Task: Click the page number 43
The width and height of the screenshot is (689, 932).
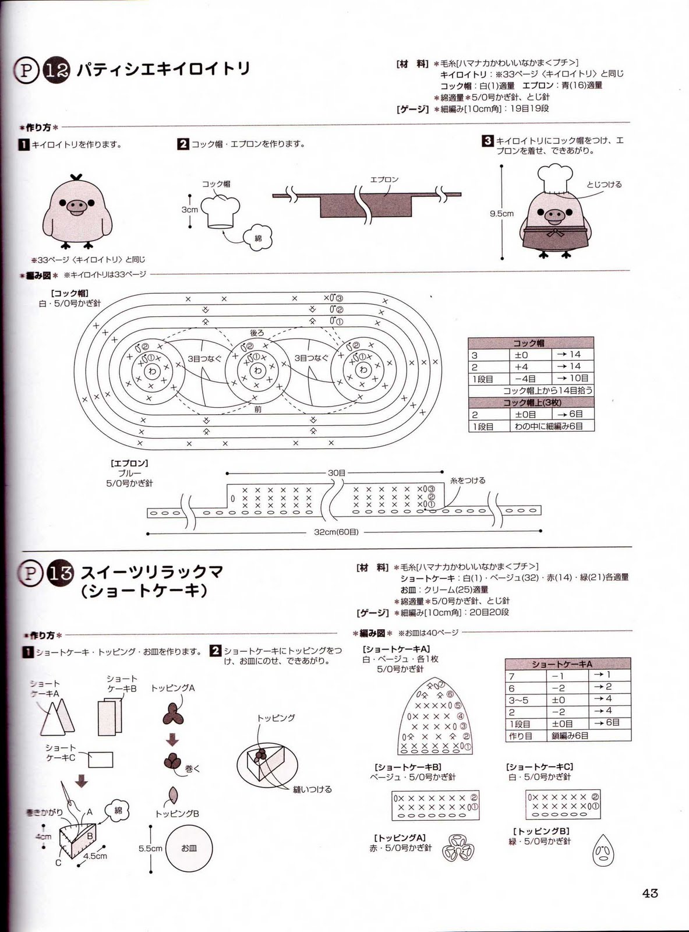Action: pos(650,892)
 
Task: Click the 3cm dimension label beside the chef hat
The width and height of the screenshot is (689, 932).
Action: pos(189,209)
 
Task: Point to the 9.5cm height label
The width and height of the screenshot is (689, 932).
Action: pos(501,214)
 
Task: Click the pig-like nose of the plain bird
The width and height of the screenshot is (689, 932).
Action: pos(76,205)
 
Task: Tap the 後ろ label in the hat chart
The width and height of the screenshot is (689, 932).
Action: pos(257,333)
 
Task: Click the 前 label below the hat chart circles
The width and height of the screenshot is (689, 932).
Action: pos(257,409)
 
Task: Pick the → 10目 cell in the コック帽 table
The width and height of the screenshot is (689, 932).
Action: pos(572,379)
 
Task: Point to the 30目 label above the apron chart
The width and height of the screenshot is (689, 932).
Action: pos(336,473)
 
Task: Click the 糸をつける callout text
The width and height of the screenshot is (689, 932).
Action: pos(468,481)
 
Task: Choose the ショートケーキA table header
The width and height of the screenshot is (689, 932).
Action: pos(567,663)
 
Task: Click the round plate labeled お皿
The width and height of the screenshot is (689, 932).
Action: pos(189,848)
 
